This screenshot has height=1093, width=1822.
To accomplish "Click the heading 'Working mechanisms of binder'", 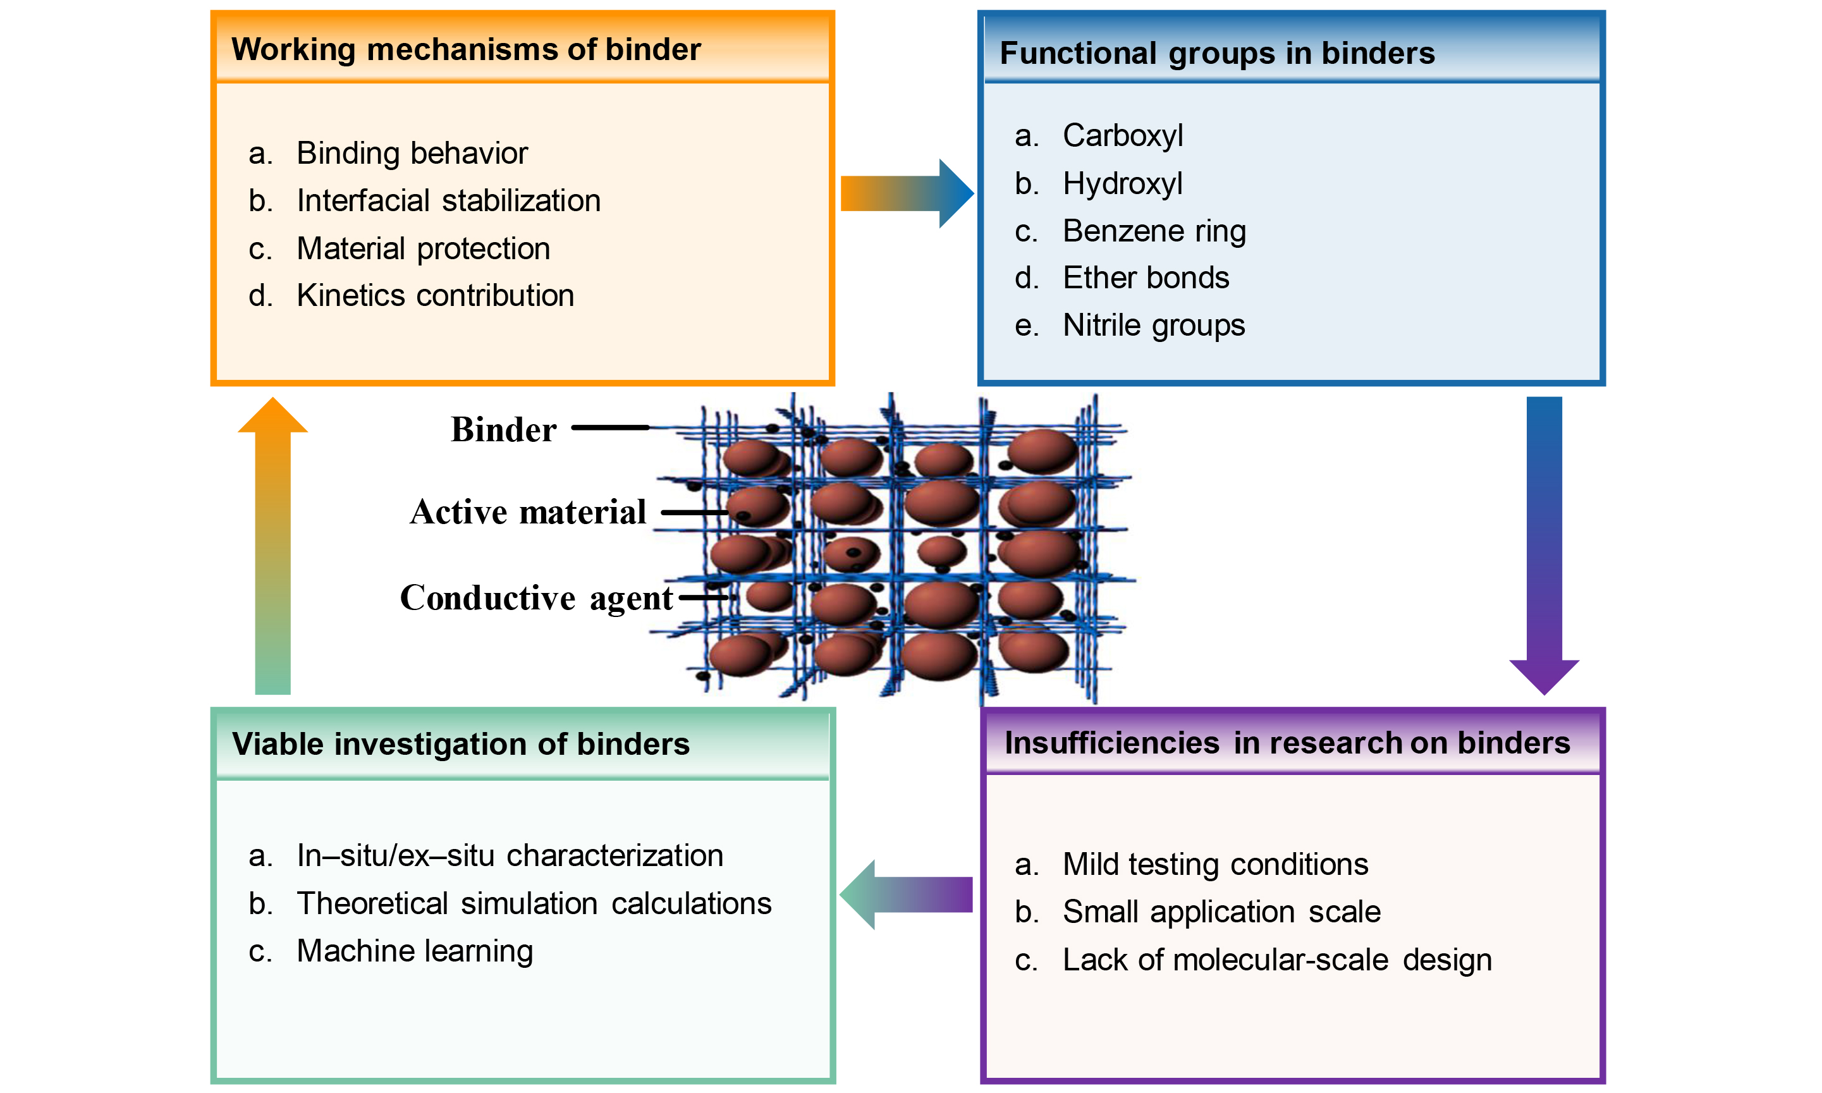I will click(x=465, y=50).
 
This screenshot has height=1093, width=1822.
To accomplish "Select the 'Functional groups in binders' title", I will click(x=1216, y=54).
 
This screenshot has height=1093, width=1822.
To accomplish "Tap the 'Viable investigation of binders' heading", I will click(x=460, y=744).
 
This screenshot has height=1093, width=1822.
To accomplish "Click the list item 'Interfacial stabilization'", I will click(x=448, y=200).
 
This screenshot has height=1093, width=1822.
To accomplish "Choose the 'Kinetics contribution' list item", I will click(x=434, y=295).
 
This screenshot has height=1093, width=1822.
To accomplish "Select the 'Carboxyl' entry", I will click(x=1122, y=135).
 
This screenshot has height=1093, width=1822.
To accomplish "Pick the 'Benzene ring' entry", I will click(x=1153, y=231).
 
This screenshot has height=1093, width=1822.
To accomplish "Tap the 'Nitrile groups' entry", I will click(x=1153, y=325).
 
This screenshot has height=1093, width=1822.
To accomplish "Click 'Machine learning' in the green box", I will click(x=414, y=951).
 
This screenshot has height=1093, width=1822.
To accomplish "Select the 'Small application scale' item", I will click(x=1221, y=912).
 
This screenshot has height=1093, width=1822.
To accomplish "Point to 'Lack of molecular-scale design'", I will click(x=1276, y=960).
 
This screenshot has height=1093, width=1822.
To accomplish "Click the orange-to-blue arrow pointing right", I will click(x=907, y=193).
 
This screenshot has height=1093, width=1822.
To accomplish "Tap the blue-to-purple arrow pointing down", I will click(x=1544, y=545).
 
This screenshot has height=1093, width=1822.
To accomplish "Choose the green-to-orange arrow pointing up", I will click(x=272, y=545).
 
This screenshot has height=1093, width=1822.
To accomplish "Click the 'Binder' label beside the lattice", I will click(x=503, y=429).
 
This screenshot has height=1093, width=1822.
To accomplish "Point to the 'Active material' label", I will click(x=527, y=512).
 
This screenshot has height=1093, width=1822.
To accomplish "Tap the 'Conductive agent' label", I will click(x=535, y=597).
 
